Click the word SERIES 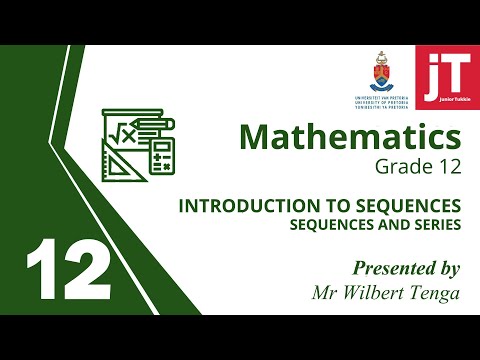(435, 224)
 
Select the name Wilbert (376, 292)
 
